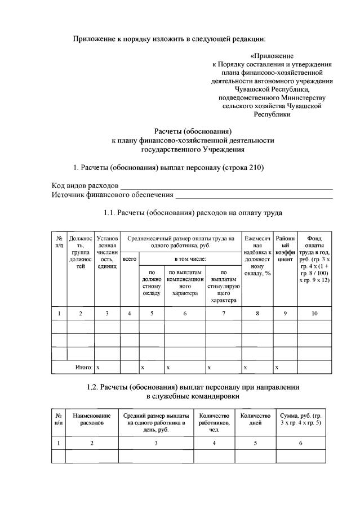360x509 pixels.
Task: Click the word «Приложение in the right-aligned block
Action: [x=272, y=56]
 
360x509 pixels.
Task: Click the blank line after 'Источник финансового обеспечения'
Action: [x=254, y=195]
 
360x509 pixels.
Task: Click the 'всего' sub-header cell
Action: [x=129, y=259]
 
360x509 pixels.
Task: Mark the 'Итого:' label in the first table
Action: [x=84, y=367]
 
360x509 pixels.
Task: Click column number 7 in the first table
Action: [x=224, y=312]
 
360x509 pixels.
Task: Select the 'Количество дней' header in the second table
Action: [x=255, y=419]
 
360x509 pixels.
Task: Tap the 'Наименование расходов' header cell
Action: [x=92, y=419]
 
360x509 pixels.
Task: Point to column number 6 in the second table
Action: [x=300, y=443]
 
